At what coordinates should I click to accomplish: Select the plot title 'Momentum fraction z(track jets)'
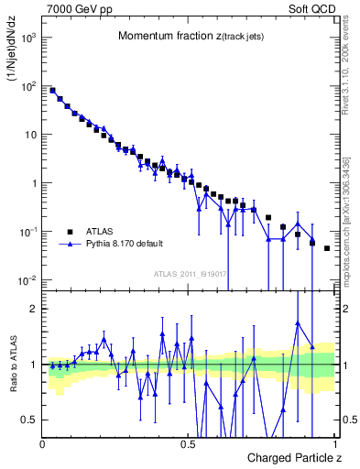pyautogui.click(x=190, y=37)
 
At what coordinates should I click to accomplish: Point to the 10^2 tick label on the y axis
pyautogui.click(x=27, y=86)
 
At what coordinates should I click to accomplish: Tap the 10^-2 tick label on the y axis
pyautogui.click(x=27, y=279)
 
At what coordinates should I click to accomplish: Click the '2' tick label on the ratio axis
pyautogui.click(x=35, y=309)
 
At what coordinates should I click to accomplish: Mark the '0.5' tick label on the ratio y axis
pyautogui.click(x=30, y=420)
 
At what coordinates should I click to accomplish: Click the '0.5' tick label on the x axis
pyautogui.click(x=188, y=443)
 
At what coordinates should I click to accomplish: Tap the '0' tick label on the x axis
pyautogui.click(x=43, y=443)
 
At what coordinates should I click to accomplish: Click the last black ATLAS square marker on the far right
pyautogui.click(x=327, y=248)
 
